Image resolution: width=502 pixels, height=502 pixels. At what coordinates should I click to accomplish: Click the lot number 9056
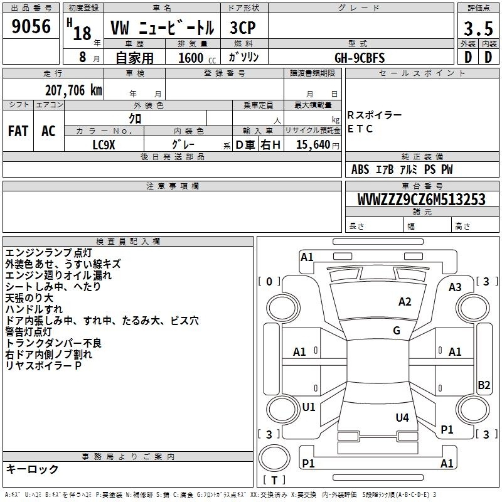(x=31, y=26)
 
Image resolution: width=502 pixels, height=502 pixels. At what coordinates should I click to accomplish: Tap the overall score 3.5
(x=478, y=28)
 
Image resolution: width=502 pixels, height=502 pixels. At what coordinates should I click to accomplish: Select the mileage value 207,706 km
(x=73, y=90)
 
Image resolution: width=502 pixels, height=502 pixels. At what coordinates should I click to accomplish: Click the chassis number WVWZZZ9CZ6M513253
(x=422, y=200)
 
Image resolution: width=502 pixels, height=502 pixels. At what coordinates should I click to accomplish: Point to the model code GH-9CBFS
(x=360, y=58)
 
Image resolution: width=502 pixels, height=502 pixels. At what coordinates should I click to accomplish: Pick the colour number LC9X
(x=104, y=145)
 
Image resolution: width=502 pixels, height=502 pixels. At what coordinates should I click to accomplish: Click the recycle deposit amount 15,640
(x=313, y=144)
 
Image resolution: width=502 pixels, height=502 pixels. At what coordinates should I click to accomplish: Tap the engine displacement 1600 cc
(x=197, y=58)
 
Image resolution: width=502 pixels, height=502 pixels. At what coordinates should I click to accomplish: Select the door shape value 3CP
(x=243, y=28)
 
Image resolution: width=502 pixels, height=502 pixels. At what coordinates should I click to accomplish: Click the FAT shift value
(x=18, y=131)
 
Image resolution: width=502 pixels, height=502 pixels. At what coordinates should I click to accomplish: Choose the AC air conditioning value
(x=48, y=131)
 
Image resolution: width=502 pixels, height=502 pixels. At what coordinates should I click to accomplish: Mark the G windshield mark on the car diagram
(x=397, y=330)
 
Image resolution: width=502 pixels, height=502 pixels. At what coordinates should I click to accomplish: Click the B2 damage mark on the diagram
(x=484, y=385)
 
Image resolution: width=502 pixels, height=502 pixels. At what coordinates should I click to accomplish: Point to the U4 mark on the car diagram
(x=402, y=417)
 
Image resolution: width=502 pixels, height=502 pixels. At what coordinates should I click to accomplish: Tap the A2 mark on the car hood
(x=405, y=302)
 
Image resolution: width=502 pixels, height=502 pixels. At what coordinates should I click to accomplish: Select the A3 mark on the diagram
(x=455, y=287)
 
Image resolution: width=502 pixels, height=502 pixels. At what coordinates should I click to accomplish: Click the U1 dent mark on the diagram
(x=309, y=407)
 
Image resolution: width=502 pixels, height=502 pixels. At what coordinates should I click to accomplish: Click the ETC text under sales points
(x=360, y=129)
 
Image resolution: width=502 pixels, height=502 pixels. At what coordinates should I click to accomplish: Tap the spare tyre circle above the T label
(x=274, y=458)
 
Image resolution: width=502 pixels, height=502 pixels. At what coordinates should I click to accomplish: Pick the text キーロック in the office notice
(x=32, y=469)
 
